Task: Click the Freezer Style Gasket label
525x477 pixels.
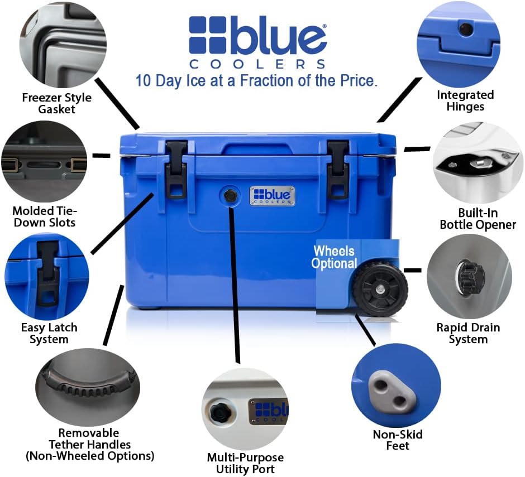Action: click(x=56, y=103)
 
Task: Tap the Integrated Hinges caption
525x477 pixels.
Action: click(x=465, y=100)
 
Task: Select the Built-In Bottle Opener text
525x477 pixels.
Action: click(x=478, y=219)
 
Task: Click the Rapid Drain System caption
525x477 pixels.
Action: click(x=468, y=333)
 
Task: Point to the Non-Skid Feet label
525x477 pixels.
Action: click(x=398, y=440)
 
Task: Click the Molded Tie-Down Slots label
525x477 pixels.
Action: click(x=44, y=217)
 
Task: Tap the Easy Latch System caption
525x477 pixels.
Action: click(x=49, y=333)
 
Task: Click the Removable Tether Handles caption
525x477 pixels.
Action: click(x=89, y=444)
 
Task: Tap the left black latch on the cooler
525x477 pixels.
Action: click(x=176, y=168)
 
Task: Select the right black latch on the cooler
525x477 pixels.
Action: click(x=338, y=168)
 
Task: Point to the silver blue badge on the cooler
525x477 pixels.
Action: click(x=272, y=196)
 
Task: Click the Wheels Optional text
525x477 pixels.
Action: click(x=334, y=257)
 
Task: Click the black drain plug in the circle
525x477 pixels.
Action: click(x=470, y=274)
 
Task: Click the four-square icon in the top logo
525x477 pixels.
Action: click(x=207, y=35)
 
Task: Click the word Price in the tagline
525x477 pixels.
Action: click(x=356, y=80)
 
